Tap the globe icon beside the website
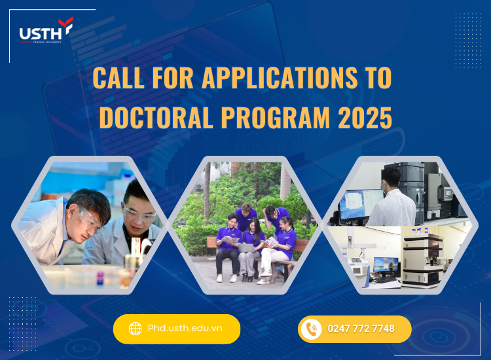coord(136,329)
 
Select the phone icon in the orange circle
coord(312,329)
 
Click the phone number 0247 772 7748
coord(361,329)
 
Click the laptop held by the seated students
coord(245,247)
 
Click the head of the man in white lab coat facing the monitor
coord(391,177)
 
